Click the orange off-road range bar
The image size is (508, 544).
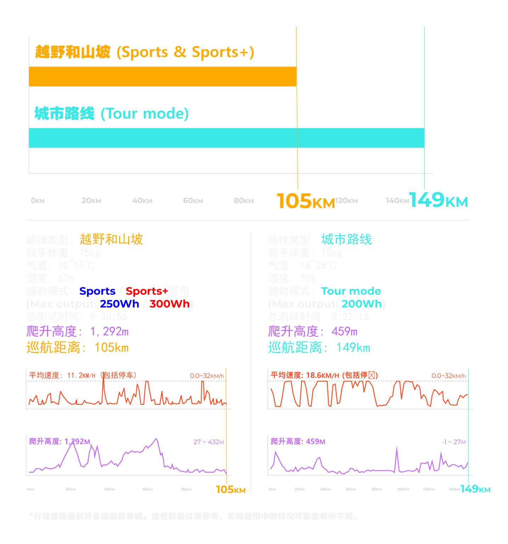(x=163, y=76)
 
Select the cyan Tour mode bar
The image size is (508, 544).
(x=226, y=138)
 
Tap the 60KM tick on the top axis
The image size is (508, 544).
(x=193, y=200)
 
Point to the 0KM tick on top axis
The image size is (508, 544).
(x=38, y=200)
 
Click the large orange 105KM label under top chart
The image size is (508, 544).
(x=305, y=201)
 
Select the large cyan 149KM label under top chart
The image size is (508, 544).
(x=438, y=200)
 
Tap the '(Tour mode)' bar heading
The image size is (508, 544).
(x=145, y=114)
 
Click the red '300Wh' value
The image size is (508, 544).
(x=169, y=304)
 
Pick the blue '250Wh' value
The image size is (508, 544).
(x=119, y=304)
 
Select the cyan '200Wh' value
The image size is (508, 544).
(x=362, y=304)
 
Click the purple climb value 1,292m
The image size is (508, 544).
(x=109, y=331)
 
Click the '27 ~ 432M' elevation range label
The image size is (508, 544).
(x=208, y=442)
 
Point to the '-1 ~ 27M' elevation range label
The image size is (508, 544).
(x=453, y=442)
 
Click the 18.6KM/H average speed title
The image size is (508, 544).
(x=324, y=375)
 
